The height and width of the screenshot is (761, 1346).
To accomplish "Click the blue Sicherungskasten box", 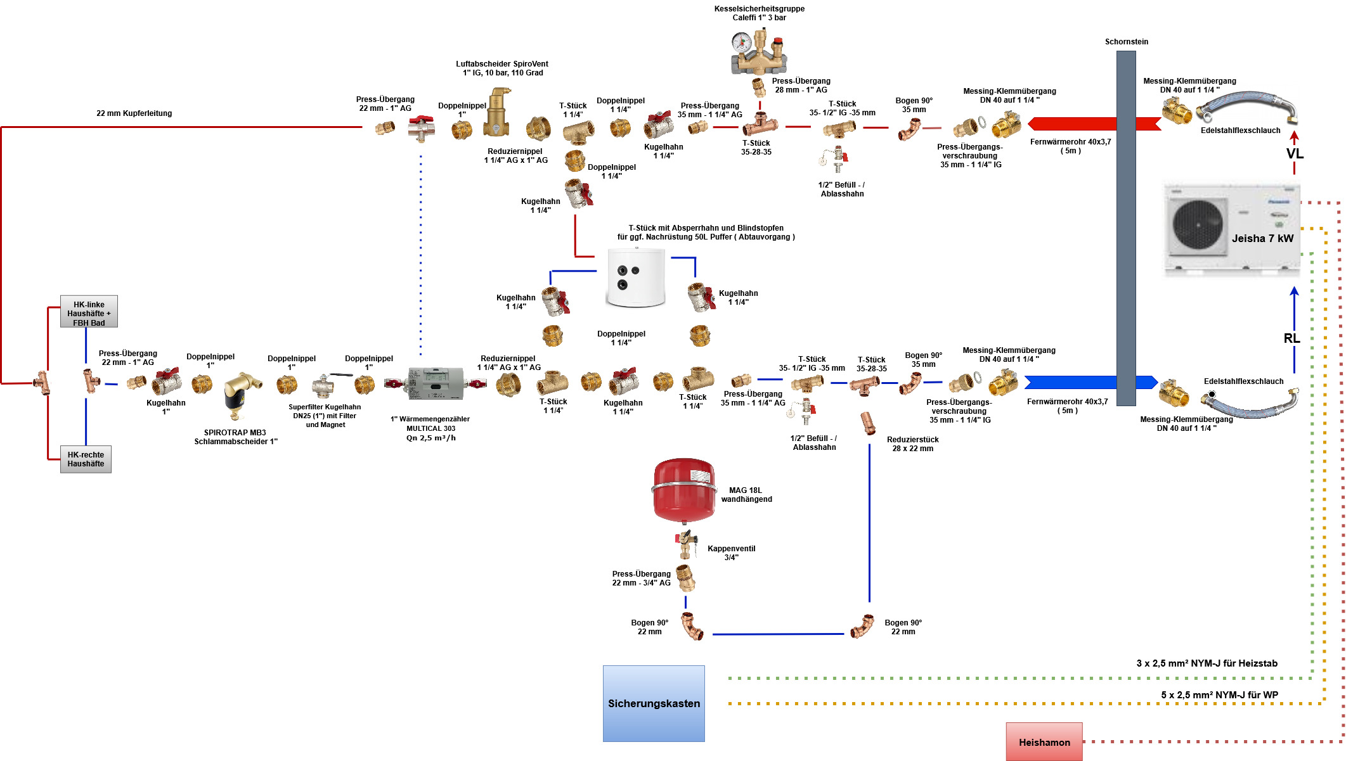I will tap(654, 703).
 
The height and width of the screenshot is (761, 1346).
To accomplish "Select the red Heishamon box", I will tap(1044, 742).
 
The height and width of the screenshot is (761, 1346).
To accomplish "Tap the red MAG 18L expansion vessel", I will tap(684, 490).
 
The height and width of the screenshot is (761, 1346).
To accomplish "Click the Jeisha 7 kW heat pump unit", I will tap(1232, 229).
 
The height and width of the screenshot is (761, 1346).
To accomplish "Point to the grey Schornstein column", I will tap(1126, 228).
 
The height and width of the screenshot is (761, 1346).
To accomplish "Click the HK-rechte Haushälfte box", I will tap(86, 459).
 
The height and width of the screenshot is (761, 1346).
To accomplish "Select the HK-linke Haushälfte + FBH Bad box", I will tap(89, 312).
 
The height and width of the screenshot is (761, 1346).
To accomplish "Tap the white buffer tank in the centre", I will tap(636, 278).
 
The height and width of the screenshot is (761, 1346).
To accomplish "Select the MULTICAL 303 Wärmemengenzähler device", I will tap(436, 383).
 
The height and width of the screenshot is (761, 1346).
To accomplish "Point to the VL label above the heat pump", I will tap(1295, 154).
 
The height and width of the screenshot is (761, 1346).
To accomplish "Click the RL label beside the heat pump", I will tap(1291, 338).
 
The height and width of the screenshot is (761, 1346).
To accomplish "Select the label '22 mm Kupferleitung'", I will tap(134, 113).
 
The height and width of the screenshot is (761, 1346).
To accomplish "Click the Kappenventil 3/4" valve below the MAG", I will tap(686, 544).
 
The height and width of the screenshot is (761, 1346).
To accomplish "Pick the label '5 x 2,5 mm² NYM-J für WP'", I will tap(1219, 695).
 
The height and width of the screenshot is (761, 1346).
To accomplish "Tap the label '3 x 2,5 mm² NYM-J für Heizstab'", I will tap(1207, 663).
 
